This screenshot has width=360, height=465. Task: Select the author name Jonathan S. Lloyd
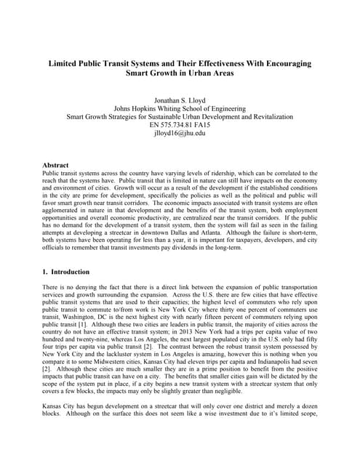click(180, 99)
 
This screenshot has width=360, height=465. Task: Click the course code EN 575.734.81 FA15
click(180, 125)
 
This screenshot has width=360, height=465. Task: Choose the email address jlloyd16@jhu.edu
click(180, 134)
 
